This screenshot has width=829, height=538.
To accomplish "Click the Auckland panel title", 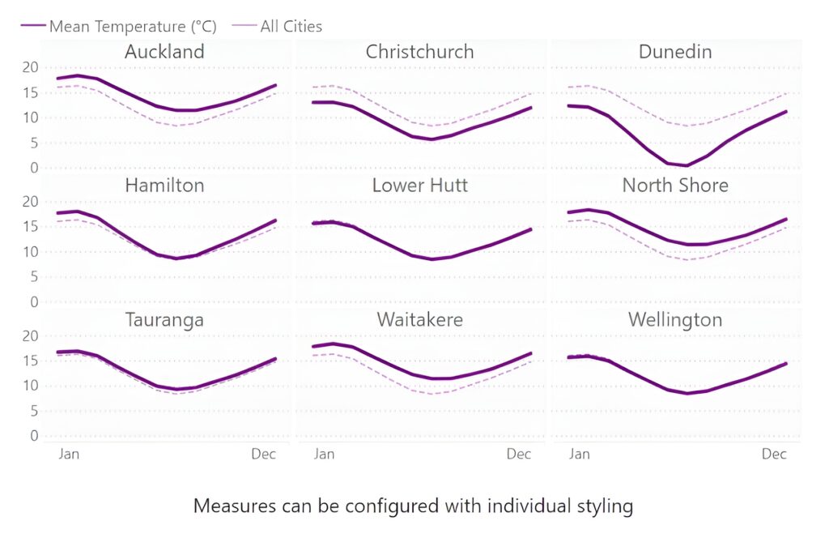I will click(164, 52).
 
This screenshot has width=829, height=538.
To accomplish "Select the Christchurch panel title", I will click(419, 52).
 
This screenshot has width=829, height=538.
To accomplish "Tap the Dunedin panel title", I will click(675, 52).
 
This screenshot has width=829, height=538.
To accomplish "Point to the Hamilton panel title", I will click(164, 186).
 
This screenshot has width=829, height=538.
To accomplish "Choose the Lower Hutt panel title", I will click(419, 186).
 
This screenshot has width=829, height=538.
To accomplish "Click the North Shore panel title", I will click(675, 186).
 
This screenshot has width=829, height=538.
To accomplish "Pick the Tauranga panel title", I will click(164, 319).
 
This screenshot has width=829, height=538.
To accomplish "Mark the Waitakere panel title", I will click(419, 319).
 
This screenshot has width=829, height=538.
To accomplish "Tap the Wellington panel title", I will click(675, 319).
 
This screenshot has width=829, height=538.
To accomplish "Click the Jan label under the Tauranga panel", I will click(69, 454).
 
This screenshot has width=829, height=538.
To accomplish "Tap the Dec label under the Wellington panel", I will click(774, 454).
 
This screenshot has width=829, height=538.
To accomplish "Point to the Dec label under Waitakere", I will click(518, 454).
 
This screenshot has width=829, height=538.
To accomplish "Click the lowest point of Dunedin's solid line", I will click(687, 165).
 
